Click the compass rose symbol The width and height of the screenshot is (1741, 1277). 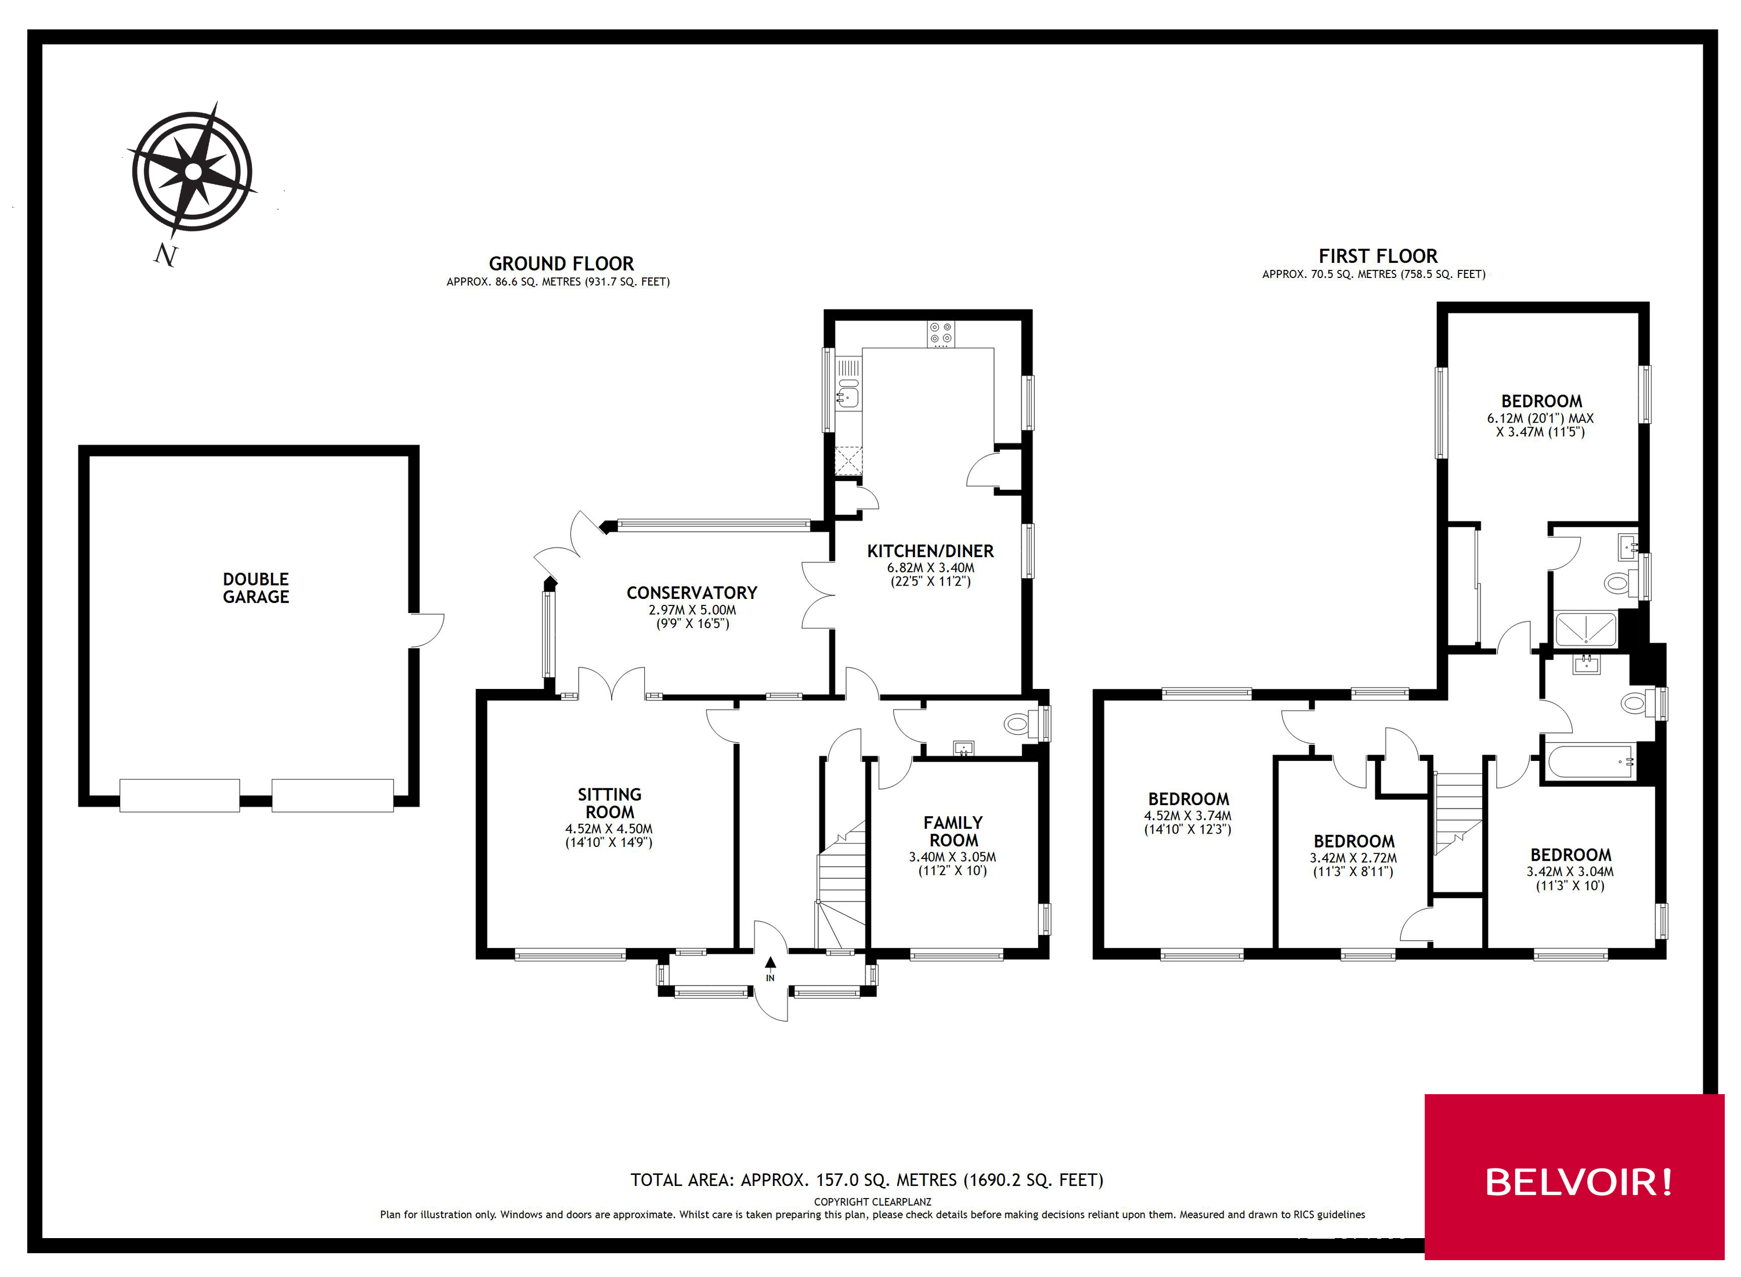click(193, 171)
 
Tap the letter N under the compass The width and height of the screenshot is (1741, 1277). click(165, 254)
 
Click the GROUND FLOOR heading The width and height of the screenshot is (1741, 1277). click(561, 264)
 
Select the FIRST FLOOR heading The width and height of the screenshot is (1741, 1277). click(1377, 256)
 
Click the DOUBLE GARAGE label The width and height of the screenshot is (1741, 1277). click(256, 587)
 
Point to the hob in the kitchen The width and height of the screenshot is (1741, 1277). click(941, 334)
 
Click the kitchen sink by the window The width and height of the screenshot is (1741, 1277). click(848, 396)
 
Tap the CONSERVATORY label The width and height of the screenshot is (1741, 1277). click(692, 593)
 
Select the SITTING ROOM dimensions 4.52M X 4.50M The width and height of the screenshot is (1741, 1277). click(609, 829)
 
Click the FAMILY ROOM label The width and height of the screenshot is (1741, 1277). click(953, 831)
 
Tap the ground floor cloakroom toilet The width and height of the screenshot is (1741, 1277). click(1018, 724)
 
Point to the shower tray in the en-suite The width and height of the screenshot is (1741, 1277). click(1585, 629)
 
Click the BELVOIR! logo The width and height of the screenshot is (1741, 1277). click(1578, 1181)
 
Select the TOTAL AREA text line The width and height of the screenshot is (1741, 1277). click(866, 1179)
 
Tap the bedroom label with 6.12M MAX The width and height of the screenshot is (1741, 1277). click(1541, 402)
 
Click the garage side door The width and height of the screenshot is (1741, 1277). click(427, 630)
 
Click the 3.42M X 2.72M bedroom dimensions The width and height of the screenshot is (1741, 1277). click(1353, 858)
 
